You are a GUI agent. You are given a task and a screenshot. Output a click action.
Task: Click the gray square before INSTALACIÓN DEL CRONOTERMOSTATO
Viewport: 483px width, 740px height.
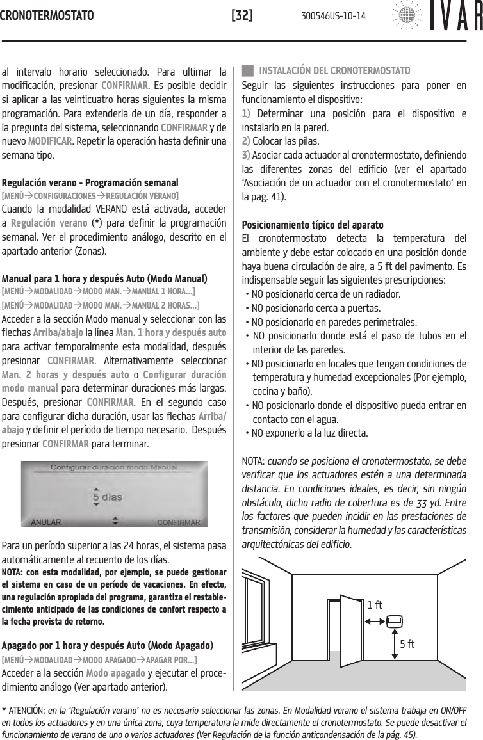click(x=247, y=69)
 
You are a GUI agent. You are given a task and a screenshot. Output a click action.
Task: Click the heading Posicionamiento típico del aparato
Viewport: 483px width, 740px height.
click(x=313, y=225)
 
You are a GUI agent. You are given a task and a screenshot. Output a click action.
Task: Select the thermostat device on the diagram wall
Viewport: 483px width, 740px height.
click(x=395, y=620)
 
